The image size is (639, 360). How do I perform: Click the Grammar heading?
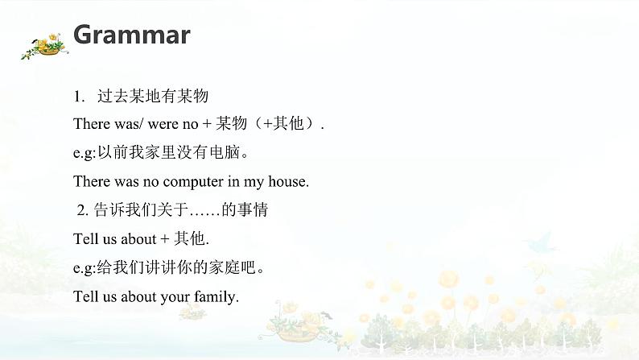tap(131, 35)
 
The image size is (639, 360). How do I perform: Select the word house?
tap(290, 182)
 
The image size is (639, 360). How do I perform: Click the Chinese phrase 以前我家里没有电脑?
tap(170, 153)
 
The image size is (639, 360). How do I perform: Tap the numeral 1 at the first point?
tap(77, 97)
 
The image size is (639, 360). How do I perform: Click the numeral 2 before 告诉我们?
tap(81, 211)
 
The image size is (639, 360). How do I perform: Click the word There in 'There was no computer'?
tap(91, 182)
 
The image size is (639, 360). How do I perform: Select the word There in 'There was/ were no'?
tap(91, 125)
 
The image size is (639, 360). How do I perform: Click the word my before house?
tap(260, 182)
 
